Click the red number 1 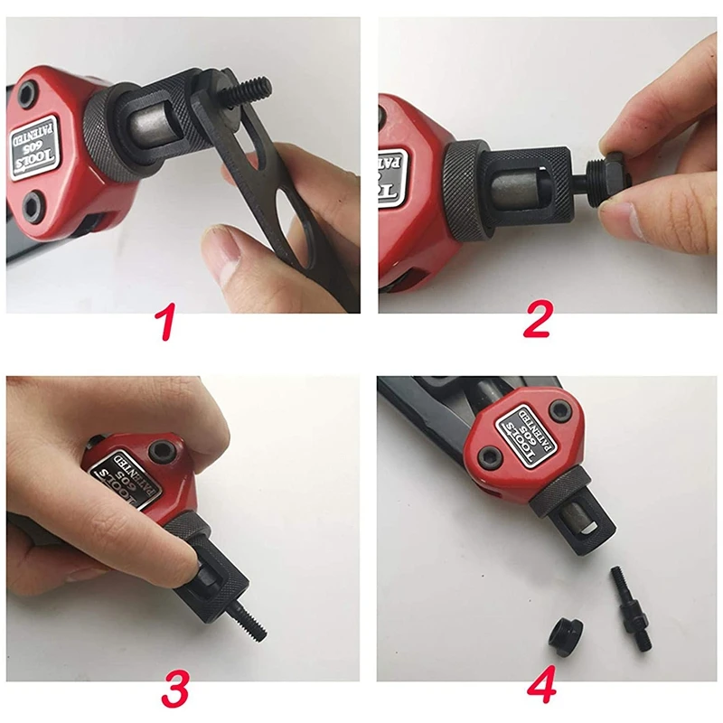click(168, 324)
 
